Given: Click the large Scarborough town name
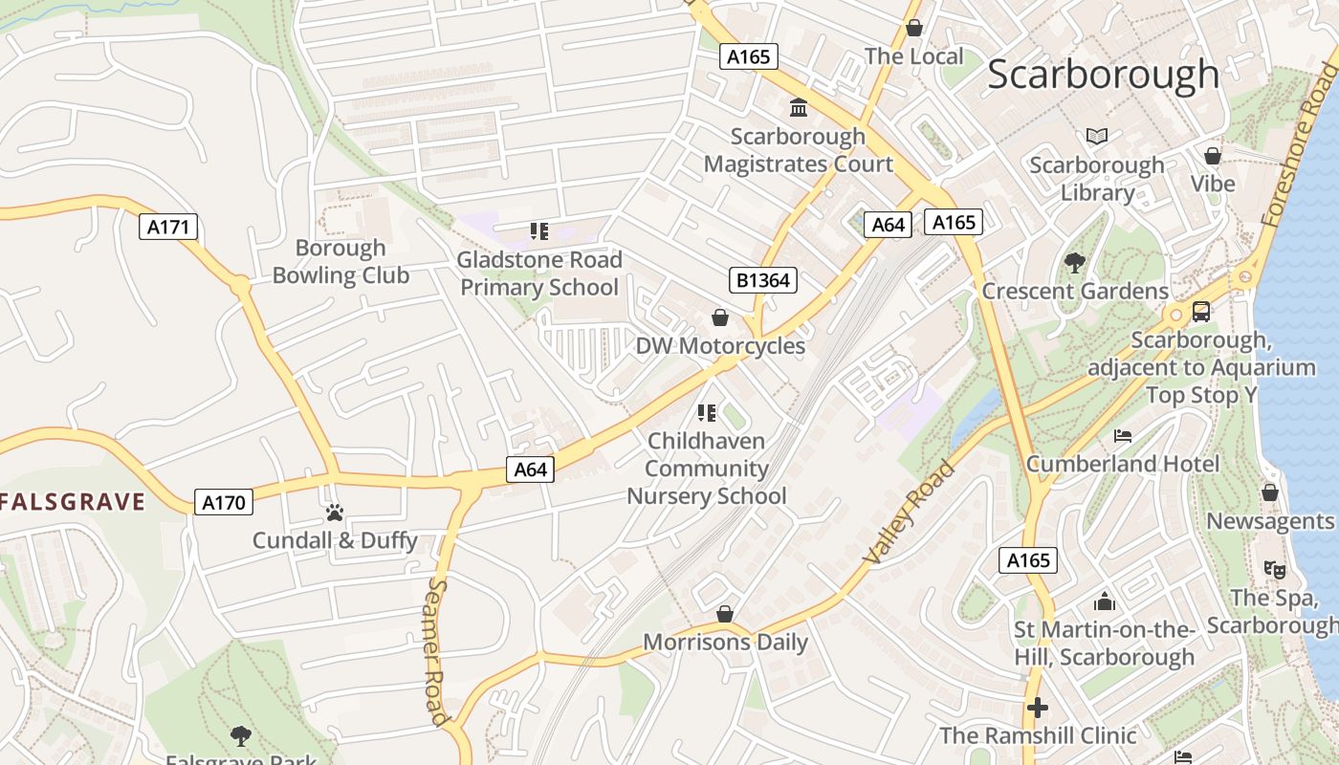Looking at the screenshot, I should pyautogui.click(x=1103, y=75).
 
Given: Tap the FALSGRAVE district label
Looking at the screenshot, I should pyautogui.click(x=73, y=501).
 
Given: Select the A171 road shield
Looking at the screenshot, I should pyautogui.click(x=168, y=227).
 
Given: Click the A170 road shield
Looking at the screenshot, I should pyautogui.click(x=224, y=502).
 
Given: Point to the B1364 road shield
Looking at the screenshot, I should pyautogui.click(x=762, y=280).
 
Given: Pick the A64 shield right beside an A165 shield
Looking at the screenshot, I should pyautogui.click(x=888, y=225).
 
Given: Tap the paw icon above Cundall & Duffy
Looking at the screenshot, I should pyautogui.click(x=334, y=513).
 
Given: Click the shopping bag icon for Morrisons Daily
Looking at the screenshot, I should pyautogui.click(x=725, y=614).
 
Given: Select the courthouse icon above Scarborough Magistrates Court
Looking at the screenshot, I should pyautogui.click(x=799, y=107).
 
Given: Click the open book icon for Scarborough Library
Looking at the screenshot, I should pyautogui.click(x=1097, y=137).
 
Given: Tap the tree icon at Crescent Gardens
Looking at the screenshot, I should pyautogui.click(x=1075, y=262).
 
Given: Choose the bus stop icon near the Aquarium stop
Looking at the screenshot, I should pyautogui.click(x=1200, y=312).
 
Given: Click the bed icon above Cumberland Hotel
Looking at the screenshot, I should pyautogui.click(x=1123, y=436).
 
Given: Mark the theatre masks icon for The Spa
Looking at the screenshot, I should pyautogui.click(x=1274, y=570).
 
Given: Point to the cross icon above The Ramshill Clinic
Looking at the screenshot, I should pyautogui.click(x=1038, y=708).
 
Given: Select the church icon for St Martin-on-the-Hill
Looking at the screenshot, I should pyautogui.click(x=1105, y=601).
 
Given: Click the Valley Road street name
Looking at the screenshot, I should pyautogui.click(x=910, y=513).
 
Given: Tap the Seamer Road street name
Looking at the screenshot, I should pyautogui.click(x=438, y=650).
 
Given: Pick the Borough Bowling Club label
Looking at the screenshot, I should pyautogui.click(x=340, y=262).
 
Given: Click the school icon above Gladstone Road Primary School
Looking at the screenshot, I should pyautogui.click(x=538, y=231).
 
